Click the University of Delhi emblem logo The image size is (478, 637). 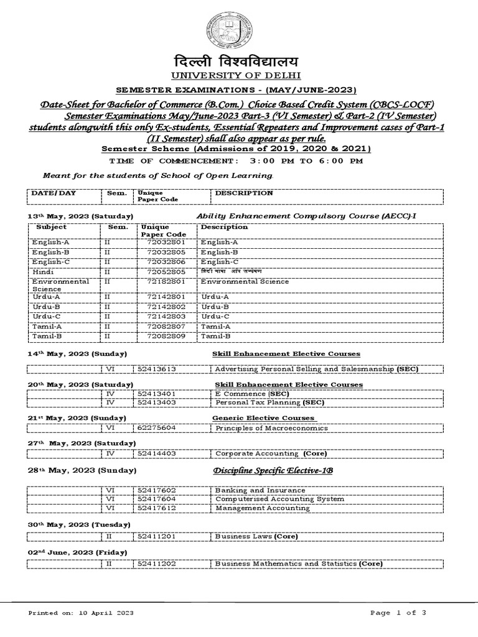231,30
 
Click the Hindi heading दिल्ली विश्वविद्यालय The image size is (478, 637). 232,62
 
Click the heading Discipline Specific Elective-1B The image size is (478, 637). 274,471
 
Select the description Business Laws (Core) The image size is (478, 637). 256,536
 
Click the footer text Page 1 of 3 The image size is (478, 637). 398,613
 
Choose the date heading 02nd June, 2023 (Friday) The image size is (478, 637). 78,552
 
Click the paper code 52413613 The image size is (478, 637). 157,369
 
